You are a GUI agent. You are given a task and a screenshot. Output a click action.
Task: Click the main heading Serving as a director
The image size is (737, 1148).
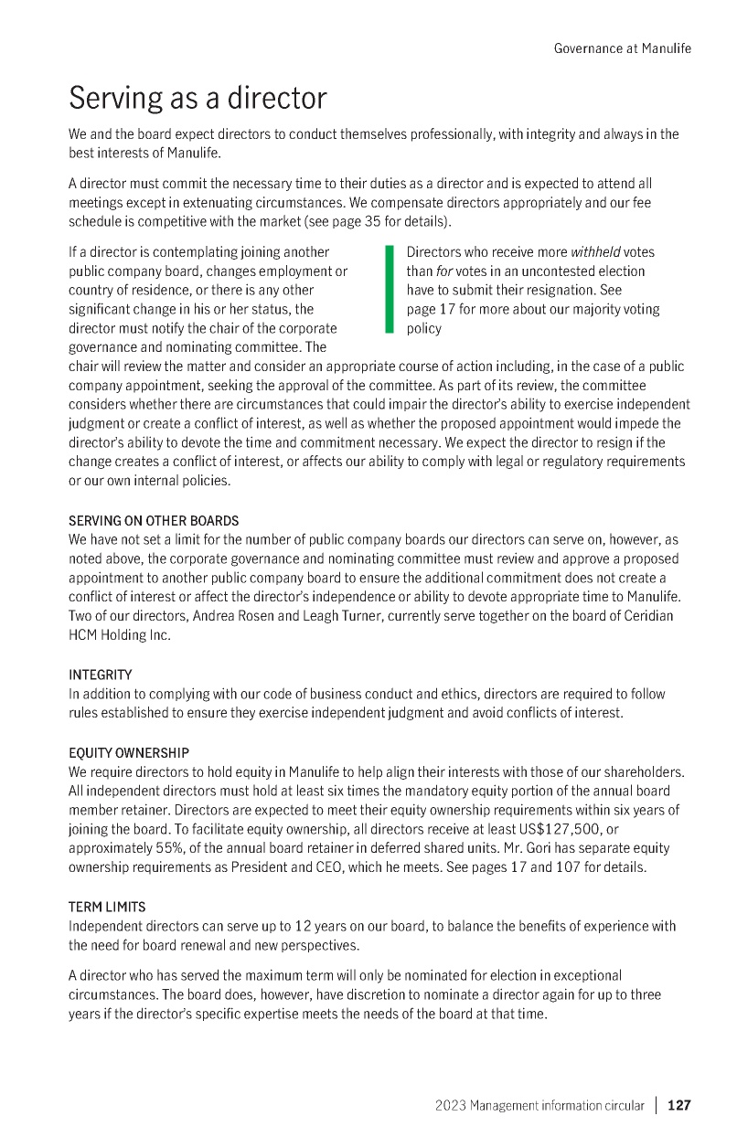pyautogui.click(x=198, y=98)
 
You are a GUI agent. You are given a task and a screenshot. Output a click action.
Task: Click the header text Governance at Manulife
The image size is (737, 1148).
pyautogui.click(x=623, y=48)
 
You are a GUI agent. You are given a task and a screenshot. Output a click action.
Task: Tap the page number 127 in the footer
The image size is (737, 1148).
pyautogui.click(x=679, y=1105)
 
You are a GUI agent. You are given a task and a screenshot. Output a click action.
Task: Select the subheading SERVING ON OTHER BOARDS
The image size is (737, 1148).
pyautogui.click(x=154, y=521)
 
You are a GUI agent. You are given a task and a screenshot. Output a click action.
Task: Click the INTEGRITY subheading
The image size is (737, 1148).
pyautogui.click(x=101, y=675)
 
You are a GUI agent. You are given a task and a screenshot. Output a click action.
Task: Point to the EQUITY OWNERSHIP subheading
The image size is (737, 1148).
pyautogui.click(x=129, y=752)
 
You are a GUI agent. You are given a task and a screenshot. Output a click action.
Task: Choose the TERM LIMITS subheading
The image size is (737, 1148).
pyautogui.click(x=107, y=907)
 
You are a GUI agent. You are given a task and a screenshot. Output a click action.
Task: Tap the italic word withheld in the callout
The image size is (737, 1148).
pyautogui.click(x=595, y=252)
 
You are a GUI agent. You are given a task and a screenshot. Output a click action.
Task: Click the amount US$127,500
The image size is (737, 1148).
pyautogui.click(x=548, y=828)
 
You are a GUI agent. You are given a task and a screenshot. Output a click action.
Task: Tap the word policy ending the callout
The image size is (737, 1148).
pyautogui.click(x=423, y=328)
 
